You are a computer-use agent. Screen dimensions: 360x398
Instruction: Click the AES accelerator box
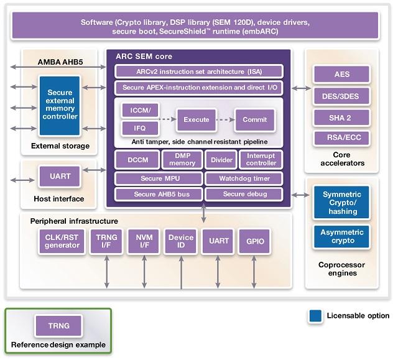(341, 74)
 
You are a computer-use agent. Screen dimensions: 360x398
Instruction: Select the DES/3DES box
(341, 96)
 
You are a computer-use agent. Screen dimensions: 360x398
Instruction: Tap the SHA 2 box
(341, 118)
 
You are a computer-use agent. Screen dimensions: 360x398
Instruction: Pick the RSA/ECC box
(341, 139)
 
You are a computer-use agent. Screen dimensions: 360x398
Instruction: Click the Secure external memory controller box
(60, 105)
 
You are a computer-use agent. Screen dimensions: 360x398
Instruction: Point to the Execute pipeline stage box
(196, 119)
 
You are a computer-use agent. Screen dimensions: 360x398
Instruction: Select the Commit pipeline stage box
(254, 119)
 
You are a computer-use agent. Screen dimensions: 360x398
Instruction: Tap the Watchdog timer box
(244, 179)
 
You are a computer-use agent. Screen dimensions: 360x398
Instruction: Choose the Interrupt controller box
(261, 159)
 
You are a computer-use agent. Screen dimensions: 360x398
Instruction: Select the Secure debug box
(244, 194)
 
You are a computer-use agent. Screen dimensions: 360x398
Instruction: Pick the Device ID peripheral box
(181, 241)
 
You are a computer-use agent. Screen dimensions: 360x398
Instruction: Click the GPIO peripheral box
(255, 241)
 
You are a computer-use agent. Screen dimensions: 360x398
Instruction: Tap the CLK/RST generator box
(62, 241)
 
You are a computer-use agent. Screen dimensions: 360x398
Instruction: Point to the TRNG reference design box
(59, 325)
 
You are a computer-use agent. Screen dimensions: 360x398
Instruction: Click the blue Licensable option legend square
(315, 316)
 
